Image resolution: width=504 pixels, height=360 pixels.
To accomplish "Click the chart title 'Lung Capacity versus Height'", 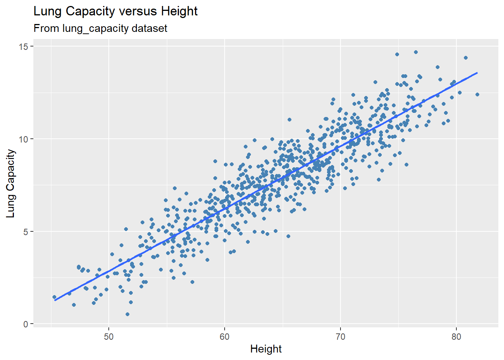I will tap(115, 11).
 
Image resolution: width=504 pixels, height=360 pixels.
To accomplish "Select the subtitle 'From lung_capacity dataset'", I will tap(100, 28).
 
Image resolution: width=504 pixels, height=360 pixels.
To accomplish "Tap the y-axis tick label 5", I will tap(26, 231).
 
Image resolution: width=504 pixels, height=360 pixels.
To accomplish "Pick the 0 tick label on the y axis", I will tap(26, 324).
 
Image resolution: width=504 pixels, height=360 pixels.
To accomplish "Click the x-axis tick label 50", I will tap(109, 336).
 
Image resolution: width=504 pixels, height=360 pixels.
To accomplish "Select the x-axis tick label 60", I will tap(225, 336).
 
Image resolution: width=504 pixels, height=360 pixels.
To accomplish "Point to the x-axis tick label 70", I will tap(340, 336).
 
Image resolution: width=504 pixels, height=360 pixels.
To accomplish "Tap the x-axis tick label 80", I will tap(456, 336).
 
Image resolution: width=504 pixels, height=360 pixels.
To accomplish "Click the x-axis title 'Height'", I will tap(266, 349).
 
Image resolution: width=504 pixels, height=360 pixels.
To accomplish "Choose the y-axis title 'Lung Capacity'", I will tap(11, 183).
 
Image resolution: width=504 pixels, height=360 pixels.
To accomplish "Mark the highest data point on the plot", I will tap(415, 52).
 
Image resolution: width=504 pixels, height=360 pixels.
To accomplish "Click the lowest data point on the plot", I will tap(127, 314).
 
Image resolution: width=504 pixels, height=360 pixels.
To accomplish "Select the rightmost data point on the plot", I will tap(477, 94).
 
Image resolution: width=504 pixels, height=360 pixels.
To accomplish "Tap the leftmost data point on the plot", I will tap(54, 297).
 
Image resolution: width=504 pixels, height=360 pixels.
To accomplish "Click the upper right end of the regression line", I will tap(477, 73).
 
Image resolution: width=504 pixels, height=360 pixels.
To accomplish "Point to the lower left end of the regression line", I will tap(55, 300).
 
